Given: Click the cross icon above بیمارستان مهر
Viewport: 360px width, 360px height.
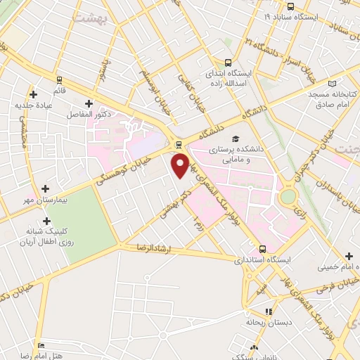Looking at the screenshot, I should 46,189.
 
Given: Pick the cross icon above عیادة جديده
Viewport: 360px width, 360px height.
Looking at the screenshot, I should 33,94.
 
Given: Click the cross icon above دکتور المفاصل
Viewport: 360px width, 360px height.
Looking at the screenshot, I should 88,103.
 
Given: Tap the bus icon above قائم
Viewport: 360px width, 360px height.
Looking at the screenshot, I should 60,79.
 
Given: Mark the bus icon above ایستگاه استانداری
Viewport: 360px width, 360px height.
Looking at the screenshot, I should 262,249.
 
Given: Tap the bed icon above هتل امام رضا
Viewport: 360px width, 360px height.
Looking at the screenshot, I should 41,346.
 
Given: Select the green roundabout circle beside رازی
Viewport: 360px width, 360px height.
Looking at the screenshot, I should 287,198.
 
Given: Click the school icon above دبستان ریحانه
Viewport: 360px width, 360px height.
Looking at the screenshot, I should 268,311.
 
